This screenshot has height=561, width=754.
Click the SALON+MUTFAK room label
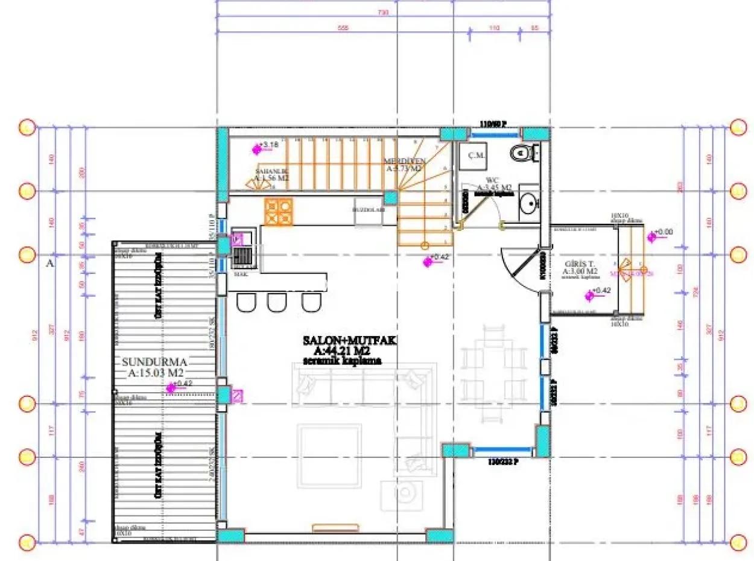click(349, 341)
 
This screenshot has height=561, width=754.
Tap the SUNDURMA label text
click(155, 362)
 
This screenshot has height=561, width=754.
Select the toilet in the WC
click(519, 154)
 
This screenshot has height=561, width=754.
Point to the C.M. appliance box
click(474, 156)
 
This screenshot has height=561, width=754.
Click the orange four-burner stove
click(278, 212)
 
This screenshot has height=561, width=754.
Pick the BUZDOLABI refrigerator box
click(369, 211)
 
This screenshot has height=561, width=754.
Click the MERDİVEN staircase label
click(405, 162)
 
